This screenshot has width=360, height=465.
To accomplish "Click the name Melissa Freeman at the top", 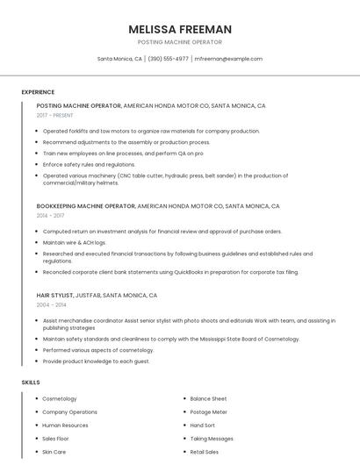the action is pyautogui.click(x=180, y=29).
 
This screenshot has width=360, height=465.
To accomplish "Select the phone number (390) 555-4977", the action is pyautogui.click(x=168, y=59).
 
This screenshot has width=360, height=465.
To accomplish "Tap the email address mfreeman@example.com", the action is pyautogui.click(x=228, y=59).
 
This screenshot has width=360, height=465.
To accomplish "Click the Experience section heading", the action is pyautogui.click(x=38, y=92).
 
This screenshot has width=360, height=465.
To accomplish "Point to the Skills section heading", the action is pyautogui.click(x=31, y=383).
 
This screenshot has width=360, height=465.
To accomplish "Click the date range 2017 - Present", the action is pyautogui.click(x=55, y=115).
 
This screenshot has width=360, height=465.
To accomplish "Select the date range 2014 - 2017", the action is pyautogui.click(x=50, y=215).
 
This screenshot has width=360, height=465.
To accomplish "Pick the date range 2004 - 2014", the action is pyautogui.click(x=50, y=304).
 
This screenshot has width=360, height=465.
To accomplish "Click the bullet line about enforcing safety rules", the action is pyautogui.click(x=89, y=164).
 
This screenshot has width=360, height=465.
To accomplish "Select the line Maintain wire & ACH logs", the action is pyautogui.click(x=75, y=242).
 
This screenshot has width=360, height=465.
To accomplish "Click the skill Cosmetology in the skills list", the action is pyautogui.click(x=60, y=399).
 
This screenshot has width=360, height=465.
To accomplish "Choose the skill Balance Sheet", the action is pyautogui.click(x=208, y=399).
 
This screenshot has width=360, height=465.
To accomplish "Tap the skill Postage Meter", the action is pyautogui.click(x=208, y=412).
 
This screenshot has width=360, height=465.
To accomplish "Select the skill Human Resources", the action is pyautogui.click(x=66, y=426).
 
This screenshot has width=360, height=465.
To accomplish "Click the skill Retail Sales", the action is pyautogui.click(x=205, y=452).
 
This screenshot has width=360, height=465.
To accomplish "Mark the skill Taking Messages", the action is pyautogui.click(x=212, y=439).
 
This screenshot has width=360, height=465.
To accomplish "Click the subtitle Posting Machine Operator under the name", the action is pyautogui.click(x=180, y=42).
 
